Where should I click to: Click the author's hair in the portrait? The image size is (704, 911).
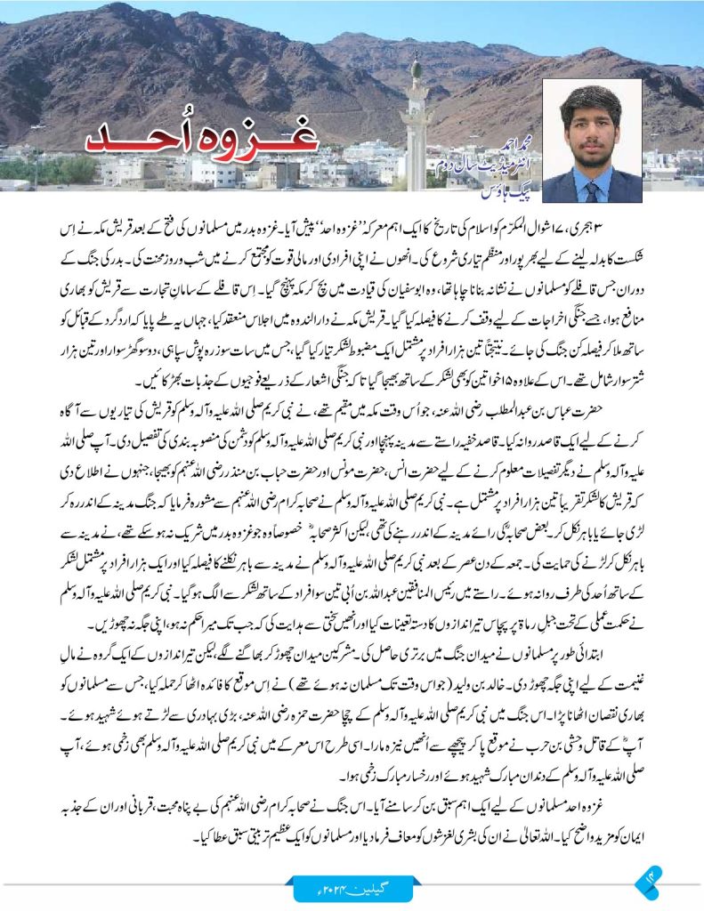click(591, 100)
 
